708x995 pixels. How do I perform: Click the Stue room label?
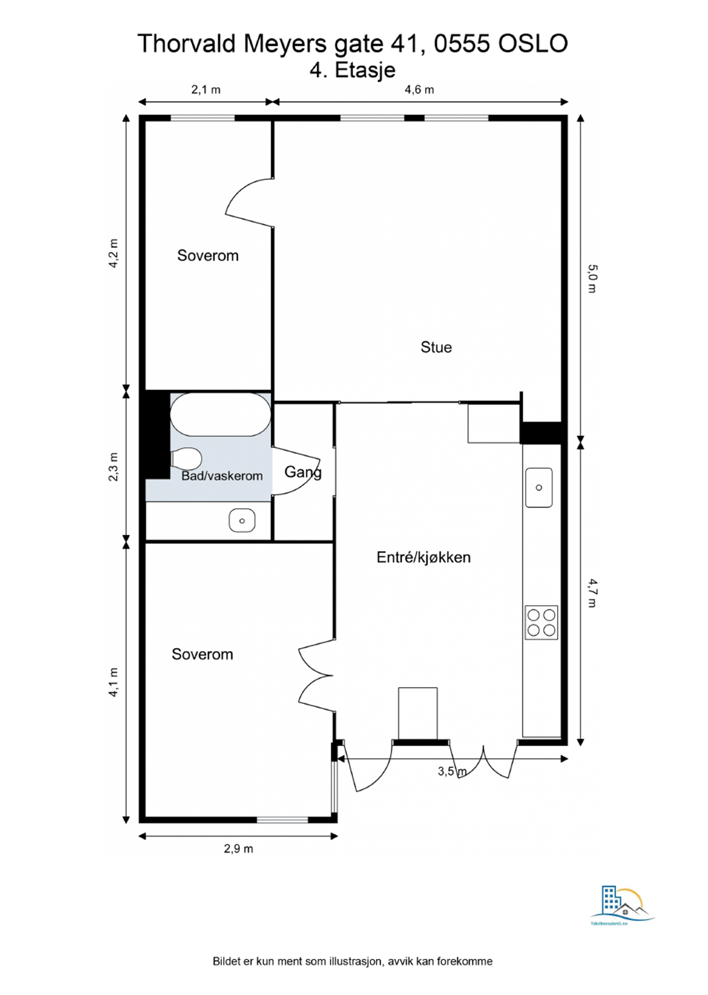tap(436, 347)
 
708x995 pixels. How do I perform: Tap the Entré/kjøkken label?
tap(423, 557)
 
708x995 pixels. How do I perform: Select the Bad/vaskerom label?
tap(222, 476)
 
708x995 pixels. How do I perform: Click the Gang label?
tap(303, 472)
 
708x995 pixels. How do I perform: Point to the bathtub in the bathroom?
tap(221, 414)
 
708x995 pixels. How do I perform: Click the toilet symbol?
tap(187, 460)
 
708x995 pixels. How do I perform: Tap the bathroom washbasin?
tap(242, 521)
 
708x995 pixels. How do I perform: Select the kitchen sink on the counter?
tap(538, 488)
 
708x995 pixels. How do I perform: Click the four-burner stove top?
tap(541, 622)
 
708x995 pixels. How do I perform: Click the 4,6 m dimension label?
tap(419, 90)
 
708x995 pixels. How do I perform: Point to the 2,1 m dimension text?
tap(206, 90)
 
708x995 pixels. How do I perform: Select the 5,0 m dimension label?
tap(592, 279)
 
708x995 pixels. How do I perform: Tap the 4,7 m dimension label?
tap(592, 593)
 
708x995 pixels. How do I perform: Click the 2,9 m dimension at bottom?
tap(239, 849)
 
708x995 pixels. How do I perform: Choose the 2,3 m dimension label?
tap(113, 467)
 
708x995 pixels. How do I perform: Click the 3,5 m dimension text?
tap(452, 772)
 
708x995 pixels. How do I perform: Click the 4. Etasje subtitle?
tap(352, 70)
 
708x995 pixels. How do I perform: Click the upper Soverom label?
tap(208, 256)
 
